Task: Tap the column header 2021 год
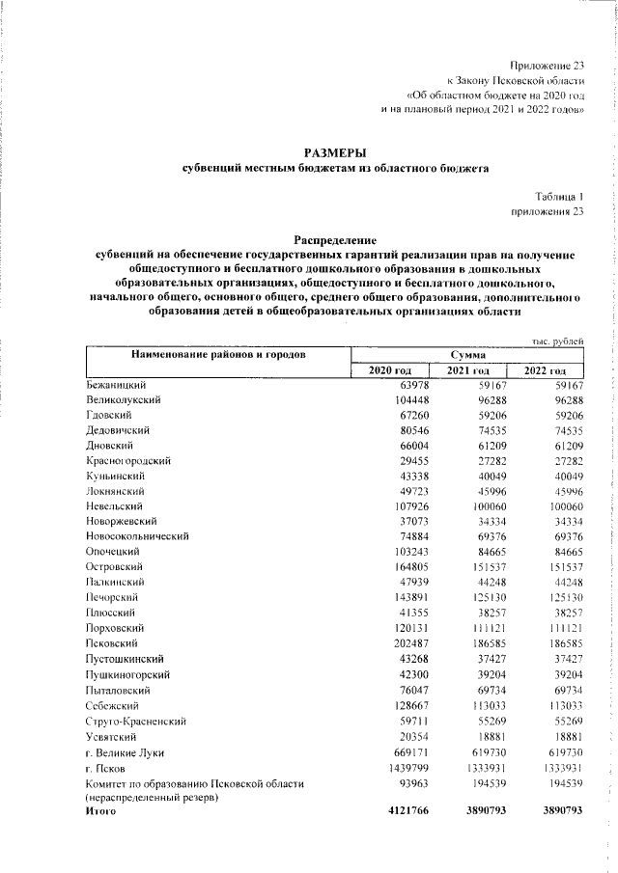[467, 370]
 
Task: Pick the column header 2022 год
[546, 370]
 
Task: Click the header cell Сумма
[467, 355]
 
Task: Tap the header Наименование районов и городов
[218, 355]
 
